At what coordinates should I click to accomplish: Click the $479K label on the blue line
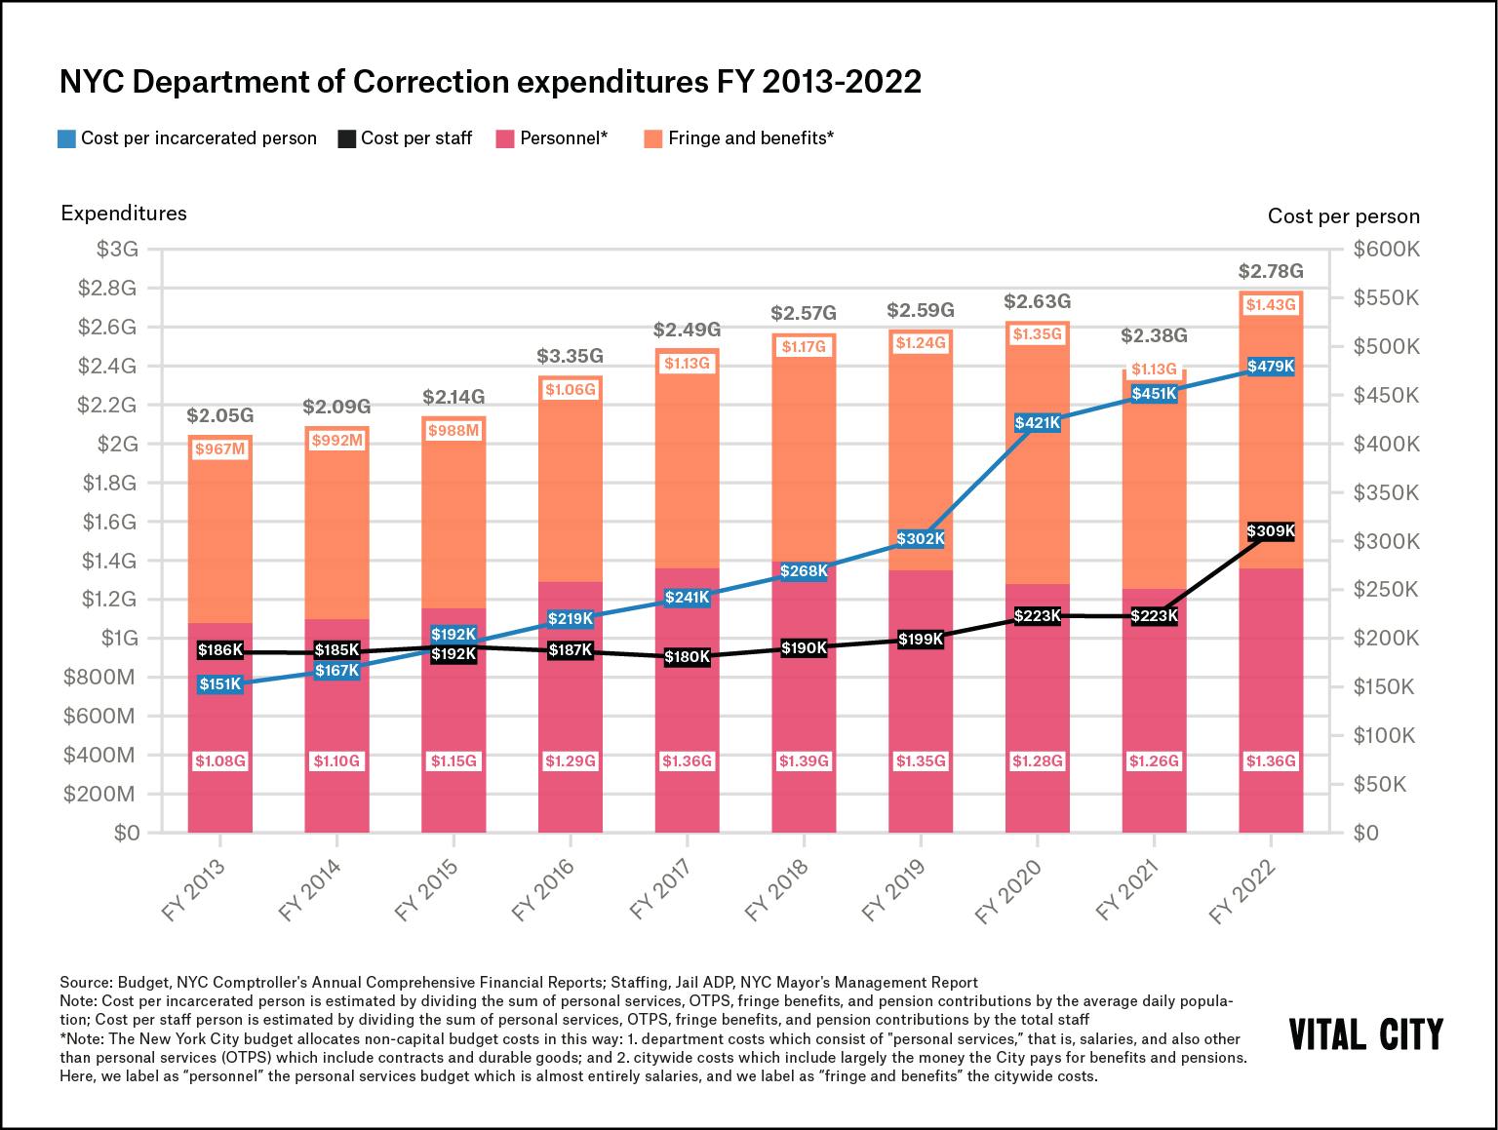tap(1271, 367)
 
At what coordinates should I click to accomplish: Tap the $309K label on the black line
tap(1271, 531)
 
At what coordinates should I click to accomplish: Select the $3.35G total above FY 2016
tap(571, 357)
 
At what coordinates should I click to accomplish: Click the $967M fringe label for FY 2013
tap(220, 449)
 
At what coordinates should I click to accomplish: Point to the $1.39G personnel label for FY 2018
tap(804, 760)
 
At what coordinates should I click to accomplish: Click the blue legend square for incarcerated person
tap(66, 138)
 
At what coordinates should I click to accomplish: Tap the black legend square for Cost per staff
tap(346, 138)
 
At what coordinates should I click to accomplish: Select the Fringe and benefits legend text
tap(750, 138)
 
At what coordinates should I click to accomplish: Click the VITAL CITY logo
tap(1365, 1034)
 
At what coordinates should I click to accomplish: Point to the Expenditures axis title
tap(124, 213)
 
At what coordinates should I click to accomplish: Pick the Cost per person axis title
tap(1343, 216)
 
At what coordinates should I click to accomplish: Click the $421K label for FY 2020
tap(1038, 423)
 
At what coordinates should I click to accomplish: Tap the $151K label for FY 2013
tap(220, 684)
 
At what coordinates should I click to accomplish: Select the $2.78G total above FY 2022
tap(1271, 271)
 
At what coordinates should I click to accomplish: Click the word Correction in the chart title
tap(431, 82)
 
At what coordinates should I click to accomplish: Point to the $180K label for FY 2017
tap(688, 657)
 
